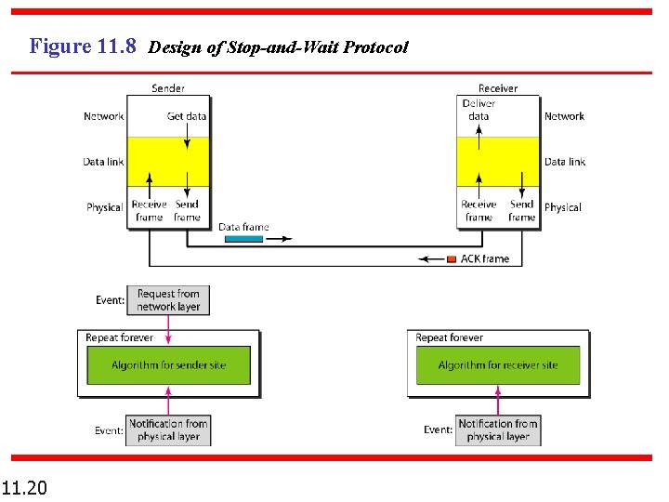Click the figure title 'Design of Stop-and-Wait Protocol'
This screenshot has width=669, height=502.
(278, 46)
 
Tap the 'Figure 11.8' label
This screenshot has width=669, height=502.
(83, 46)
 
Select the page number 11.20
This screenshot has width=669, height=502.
(25, 487)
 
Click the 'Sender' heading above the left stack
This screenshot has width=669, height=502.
(168, 88)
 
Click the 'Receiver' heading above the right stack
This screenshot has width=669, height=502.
(498, 88)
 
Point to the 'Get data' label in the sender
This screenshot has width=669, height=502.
(187, 116)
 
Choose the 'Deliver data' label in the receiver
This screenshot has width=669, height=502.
(479, 110)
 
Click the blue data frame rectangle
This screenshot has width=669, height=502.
(243, 239)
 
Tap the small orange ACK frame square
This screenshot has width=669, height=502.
(452, 258)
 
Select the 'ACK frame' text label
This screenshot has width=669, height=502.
(485, 258)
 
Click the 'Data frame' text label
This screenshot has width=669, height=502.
(243, 227)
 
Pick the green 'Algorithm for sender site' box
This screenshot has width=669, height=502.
(168, 365)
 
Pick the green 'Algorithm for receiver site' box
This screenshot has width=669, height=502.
(498, 365)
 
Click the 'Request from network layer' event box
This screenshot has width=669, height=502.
(168, 300)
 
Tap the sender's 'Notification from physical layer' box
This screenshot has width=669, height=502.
(168, 430)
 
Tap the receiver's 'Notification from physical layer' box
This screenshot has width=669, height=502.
(498, 430)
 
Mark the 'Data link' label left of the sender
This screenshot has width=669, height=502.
(103, 162)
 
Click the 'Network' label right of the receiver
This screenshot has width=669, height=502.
(564, 116)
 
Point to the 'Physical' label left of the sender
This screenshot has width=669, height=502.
(105, 207)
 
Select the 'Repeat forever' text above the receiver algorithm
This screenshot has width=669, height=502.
(450, 337)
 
